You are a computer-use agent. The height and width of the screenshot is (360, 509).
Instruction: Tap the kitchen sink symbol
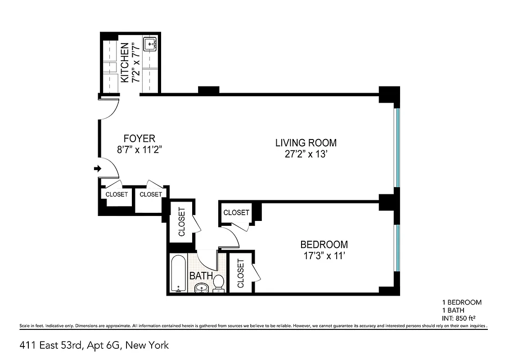coord(150,44)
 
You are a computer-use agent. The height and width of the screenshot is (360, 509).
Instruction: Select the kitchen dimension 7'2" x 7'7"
coord(135,63)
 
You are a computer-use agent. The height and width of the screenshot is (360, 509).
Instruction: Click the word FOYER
coord(139,139)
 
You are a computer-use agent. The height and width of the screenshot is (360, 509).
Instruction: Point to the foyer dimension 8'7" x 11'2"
coord(139,150)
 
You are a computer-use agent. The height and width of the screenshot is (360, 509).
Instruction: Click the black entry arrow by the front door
coord(97,169)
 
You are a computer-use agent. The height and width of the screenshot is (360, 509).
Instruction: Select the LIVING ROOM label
coord(306,143)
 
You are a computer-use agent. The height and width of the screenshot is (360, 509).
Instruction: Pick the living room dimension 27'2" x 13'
coord(306,154)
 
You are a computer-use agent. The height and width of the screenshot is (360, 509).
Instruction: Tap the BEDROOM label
coord(324,245)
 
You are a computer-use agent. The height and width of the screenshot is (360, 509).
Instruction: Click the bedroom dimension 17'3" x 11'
coord(324,256)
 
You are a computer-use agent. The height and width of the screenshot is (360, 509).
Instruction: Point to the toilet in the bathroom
coord(219,283)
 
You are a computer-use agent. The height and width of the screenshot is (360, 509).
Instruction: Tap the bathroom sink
coord(202,288)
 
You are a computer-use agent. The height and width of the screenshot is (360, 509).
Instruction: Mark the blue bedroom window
coord(396,248)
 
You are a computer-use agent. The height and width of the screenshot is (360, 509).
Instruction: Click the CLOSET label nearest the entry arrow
coord(117,194)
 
